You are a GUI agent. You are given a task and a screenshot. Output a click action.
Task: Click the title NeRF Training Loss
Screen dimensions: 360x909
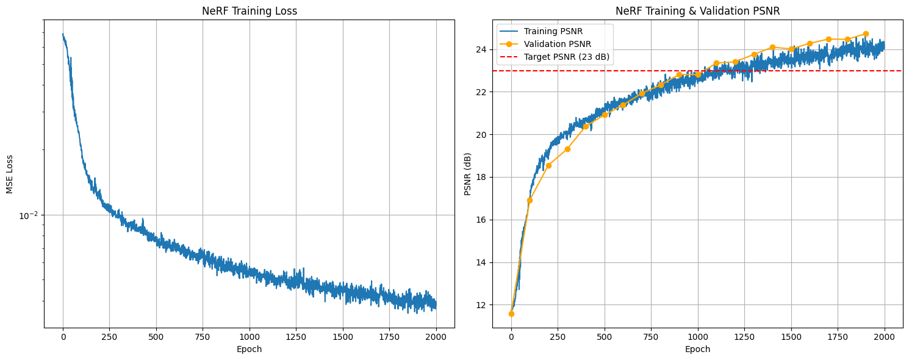249,10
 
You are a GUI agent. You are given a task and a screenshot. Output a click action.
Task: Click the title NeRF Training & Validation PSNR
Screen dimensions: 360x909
697,10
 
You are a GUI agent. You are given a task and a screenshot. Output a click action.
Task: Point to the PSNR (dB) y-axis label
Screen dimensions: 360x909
468,174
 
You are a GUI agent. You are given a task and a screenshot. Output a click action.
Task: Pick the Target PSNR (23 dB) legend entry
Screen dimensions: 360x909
567,57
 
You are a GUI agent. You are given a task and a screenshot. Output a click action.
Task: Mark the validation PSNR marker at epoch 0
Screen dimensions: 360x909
511,314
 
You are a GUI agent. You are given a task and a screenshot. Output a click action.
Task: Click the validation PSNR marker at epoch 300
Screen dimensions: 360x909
567,149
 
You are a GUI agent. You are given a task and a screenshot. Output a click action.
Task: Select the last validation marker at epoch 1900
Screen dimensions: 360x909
866,34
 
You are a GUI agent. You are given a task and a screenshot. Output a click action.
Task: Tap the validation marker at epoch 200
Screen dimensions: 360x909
548,165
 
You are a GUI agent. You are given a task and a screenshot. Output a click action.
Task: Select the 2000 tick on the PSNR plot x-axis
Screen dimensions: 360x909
885,337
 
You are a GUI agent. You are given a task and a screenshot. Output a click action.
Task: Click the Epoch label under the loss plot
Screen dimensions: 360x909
249,350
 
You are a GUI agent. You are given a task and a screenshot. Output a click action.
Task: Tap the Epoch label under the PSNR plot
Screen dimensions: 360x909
697,350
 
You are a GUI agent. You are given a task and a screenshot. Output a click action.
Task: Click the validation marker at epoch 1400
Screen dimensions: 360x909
772,47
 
